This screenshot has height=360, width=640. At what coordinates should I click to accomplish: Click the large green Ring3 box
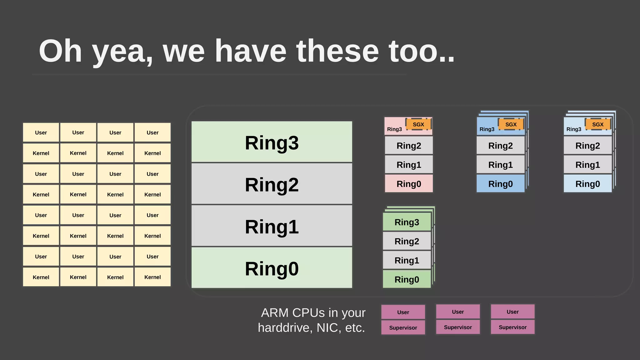tap(272, 142)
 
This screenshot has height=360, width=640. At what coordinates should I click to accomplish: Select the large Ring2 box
tap(272, 184)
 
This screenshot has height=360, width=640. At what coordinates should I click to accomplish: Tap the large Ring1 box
tap(272, 226)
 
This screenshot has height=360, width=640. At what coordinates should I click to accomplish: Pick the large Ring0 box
tap(272, 268)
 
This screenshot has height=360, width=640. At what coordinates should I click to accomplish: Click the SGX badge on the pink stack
tap(418, 124)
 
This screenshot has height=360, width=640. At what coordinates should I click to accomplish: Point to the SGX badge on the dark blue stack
tap(511, 124)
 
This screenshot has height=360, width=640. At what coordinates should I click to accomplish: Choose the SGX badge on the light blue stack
tap(597, 124)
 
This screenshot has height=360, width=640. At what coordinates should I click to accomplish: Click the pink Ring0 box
tap(409, 184)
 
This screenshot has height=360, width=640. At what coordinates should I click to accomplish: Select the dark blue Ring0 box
tap(500, 184)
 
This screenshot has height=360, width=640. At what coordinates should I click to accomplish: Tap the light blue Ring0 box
tap(587, 184)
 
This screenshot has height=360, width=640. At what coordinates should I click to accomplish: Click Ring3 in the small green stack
tap(407, 222)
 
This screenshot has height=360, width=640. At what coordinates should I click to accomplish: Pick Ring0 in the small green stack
tap(407, 279)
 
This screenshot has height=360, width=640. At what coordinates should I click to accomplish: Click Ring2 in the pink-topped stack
tap(409, 146)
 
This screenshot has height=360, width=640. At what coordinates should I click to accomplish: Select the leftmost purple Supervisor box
tap(403, 327)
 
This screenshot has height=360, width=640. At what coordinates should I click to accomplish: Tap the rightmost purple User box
tap(512, 312)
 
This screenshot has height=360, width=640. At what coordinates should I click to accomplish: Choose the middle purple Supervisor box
tap(458, 327)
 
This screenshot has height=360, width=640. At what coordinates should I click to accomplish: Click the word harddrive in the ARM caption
tap(284, 328)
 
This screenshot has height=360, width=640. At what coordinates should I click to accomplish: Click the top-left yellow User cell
tap(41, 132)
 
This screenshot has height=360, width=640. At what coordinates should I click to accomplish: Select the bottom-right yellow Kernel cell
tap(152, 277)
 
